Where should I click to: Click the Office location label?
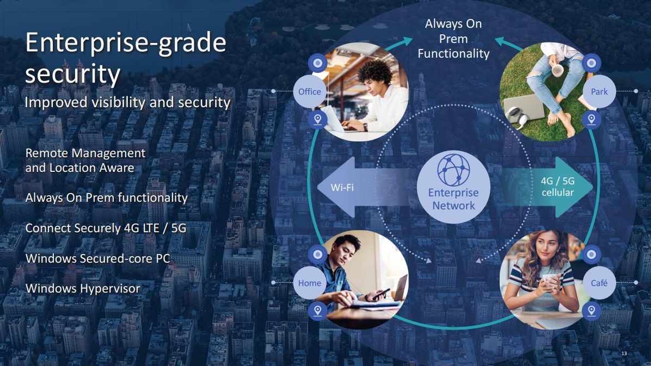point(309,91)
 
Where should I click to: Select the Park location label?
point(599,91)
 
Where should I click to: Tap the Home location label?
point(309,283)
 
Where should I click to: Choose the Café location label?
point(599,283)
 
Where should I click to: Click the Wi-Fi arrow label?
point(342,188)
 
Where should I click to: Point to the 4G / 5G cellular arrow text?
point(557,187)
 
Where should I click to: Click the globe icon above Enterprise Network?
point(453,170)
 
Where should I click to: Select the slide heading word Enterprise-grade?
point(126,43)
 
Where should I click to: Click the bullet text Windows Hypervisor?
point(83,288)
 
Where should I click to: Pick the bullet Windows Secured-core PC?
point(98,258)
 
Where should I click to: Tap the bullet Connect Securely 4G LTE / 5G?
point(106,228)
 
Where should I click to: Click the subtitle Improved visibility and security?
point(128,102)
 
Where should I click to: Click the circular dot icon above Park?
point(592,64)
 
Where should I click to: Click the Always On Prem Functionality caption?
point(453,39)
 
